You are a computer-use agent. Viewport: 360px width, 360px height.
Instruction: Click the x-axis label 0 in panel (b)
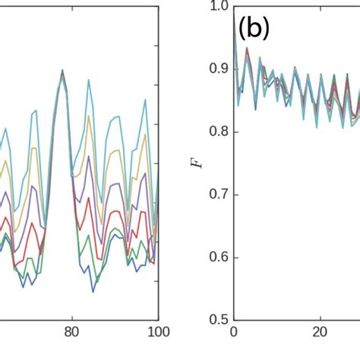[234, 333]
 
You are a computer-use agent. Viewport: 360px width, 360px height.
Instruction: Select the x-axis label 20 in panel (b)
[321, 333]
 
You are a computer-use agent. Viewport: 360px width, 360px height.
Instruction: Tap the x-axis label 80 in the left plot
[71, 333]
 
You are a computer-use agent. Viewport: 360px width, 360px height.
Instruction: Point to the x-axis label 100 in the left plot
[157, 333]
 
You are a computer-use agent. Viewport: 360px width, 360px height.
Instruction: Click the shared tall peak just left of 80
[62, 71]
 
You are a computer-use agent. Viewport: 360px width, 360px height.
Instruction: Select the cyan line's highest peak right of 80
[88, 77]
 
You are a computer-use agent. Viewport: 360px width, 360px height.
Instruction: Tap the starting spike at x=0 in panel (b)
[234, 23]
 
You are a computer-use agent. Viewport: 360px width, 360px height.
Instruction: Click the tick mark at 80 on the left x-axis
[71, 318]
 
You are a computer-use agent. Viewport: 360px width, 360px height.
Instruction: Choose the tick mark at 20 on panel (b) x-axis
[321, 318]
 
